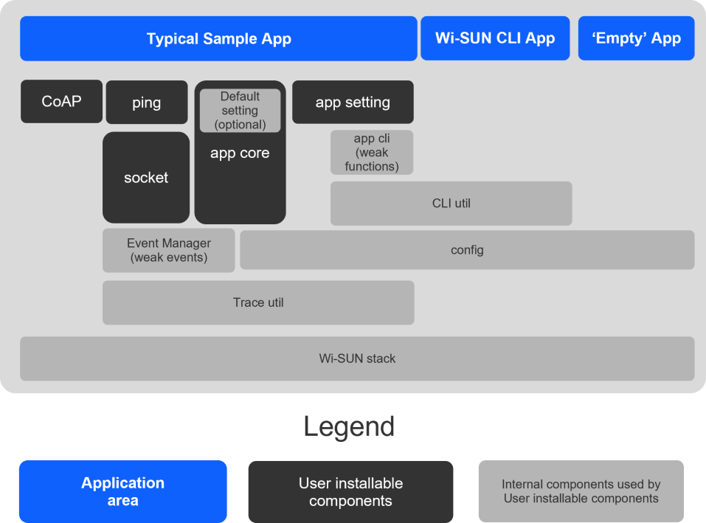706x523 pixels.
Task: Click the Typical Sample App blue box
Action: (218, 38)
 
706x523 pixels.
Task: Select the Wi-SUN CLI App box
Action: (495, 38)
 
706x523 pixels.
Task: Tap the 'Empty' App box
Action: (636, 38)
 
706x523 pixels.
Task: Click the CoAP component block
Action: (61, 101)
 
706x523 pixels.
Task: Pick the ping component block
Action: (146, 103)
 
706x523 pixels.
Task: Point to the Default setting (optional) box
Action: (240, 111)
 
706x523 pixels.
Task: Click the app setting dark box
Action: (353, 103)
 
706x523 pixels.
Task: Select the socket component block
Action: (146, 178)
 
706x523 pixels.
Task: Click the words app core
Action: (240, 153)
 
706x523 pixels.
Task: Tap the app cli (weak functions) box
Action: (372, 153)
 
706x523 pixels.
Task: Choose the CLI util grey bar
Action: (451, 204)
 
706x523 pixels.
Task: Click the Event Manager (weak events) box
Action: (168, 250)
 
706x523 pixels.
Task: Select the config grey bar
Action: (467, 250)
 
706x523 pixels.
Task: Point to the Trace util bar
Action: (258, 302)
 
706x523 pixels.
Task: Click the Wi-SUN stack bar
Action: (357, 359)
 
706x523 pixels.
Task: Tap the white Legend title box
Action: (350, 426)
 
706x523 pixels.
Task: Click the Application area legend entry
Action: (122, 492)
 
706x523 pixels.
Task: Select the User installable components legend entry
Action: (350, 492)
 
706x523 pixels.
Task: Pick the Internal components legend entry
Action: (581, 492)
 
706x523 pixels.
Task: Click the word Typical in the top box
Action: (173, 39)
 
